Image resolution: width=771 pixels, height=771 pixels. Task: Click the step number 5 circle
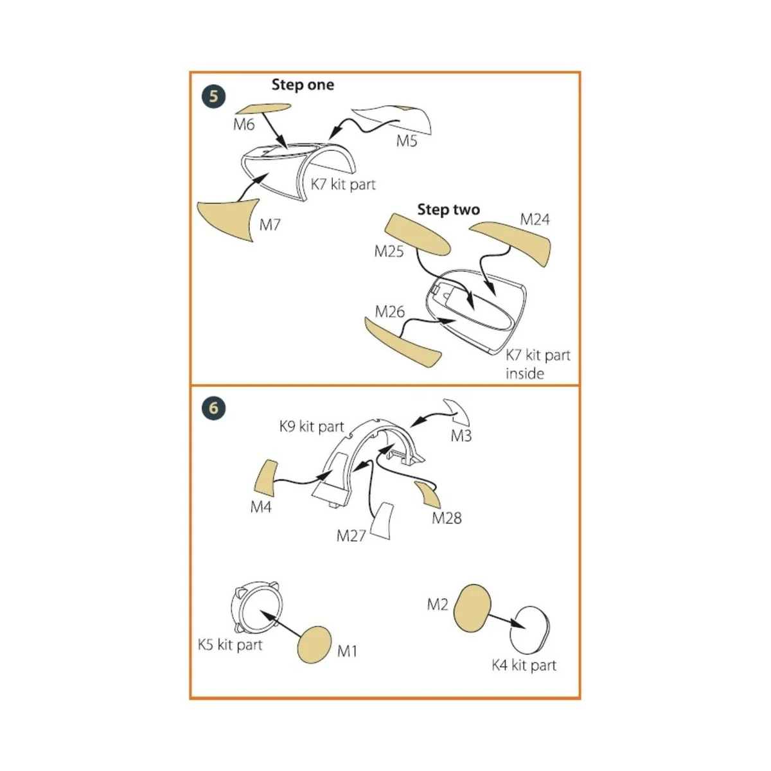pos(214,96)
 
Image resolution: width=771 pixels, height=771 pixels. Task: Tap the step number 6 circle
pos(214,408)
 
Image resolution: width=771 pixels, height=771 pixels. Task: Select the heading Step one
pos(303,85)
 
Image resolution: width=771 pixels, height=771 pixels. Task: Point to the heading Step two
pos(448,209)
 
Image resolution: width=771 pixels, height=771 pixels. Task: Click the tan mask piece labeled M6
pos(263,109)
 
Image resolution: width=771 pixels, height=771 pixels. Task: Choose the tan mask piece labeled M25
pos(418,235)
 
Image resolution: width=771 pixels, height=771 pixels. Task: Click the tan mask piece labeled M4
pos(265,479)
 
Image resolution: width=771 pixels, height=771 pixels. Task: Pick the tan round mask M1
pos(314,645)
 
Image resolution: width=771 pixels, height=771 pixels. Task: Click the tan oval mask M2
pos(472,608)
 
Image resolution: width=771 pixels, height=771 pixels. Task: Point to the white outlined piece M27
pos(382,521)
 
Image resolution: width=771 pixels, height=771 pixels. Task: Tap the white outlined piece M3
pos(459,412)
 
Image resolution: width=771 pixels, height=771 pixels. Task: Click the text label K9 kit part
pos(312,427)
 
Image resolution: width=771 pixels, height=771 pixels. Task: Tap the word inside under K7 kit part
pos(524,374)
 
